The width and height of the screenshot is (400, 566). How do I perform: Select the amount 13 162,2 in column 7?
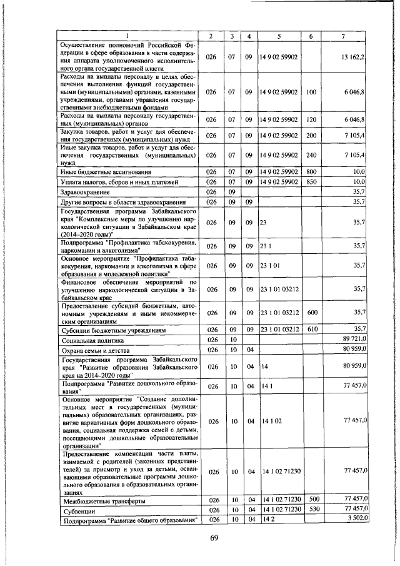click(x=353, y=57)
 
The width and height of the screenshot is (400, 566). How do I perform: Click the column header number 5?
click(x=278, y=36)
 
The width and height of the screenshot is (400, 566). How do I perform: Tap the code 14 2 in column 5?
click(x=268, y=520)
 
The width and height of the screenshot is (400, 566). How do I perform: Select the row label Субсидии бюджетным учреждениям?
click(x=112, y=330)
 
